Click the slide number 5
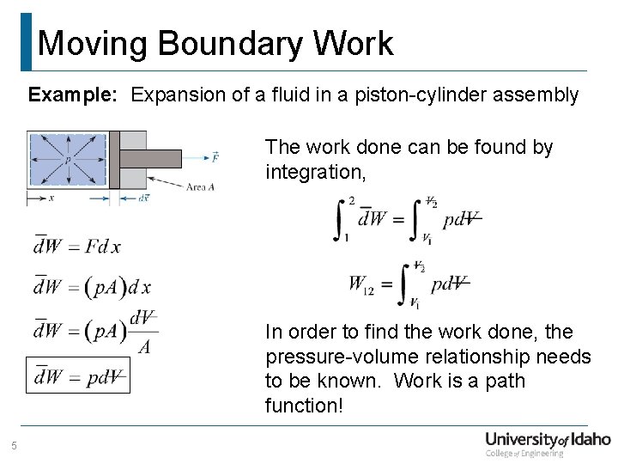pos(14,445)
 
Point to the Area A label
pos(200,186)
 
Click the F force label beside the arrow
pos(215,158)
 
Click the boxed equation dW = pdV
pos(77,375)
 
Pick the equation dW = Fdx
pos(76,247)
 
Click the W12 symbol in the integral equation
pos(361,284)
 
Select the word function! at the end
pos(304,405)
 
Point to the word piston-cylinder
pos(443,95)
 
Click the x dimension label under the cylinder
pos(52,197)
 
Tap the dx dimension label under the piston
pos(144,198)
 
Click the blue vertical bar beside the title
pos(26,41)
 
